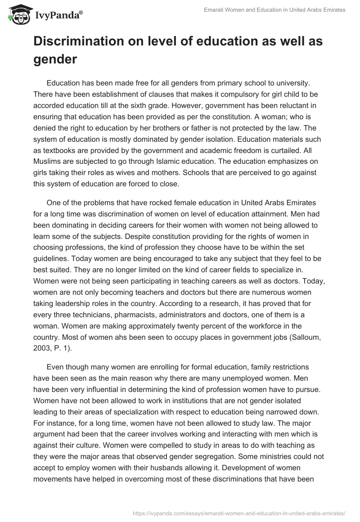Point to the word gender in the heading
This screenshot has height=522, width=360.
point(55,59)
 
